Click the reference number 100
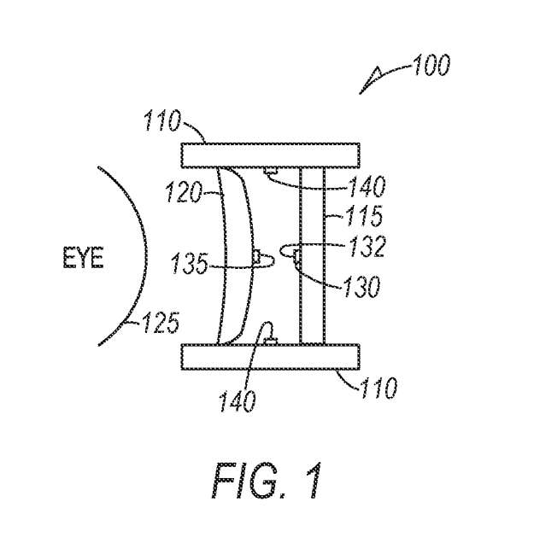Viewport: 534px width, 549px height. tap(431, 65)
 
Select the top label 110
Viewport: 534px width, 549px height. tap(162, 120)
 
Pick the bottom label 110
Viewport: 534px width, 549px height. tap(378, 388)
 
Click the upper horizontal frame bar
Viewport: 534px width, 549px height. tap(271, 155)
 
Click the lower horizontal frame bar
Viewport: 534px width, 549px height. tap(271, 356)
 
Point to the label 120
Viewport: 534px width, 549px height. tap(184, 192)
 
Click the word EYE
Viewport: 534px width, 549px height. tap(84, 257)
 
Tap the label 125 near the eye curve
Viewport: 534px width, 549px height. tap(161, 323)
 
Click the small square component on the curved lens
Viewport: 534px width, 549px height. tap(256, 257)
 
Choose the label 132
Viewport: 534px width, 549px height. tap(367, 247)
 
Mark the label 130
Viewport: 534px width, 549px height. tap(362, 286)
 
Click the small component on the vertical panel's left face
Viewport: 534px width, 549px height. tap(297, 256)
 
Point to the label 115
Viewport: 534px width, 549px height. tap(365, 216)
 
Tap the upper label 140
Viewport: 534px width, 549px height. tap(367, 185)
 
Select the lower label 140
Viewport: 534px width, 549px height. tap(238, 401)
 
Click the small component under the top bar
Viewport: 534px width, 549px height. tap(271, 171)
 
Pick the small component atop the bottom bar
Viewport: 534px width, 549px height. tap(271, 341)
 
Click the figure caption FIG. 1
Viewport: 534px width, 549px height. tap(267, 481)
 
